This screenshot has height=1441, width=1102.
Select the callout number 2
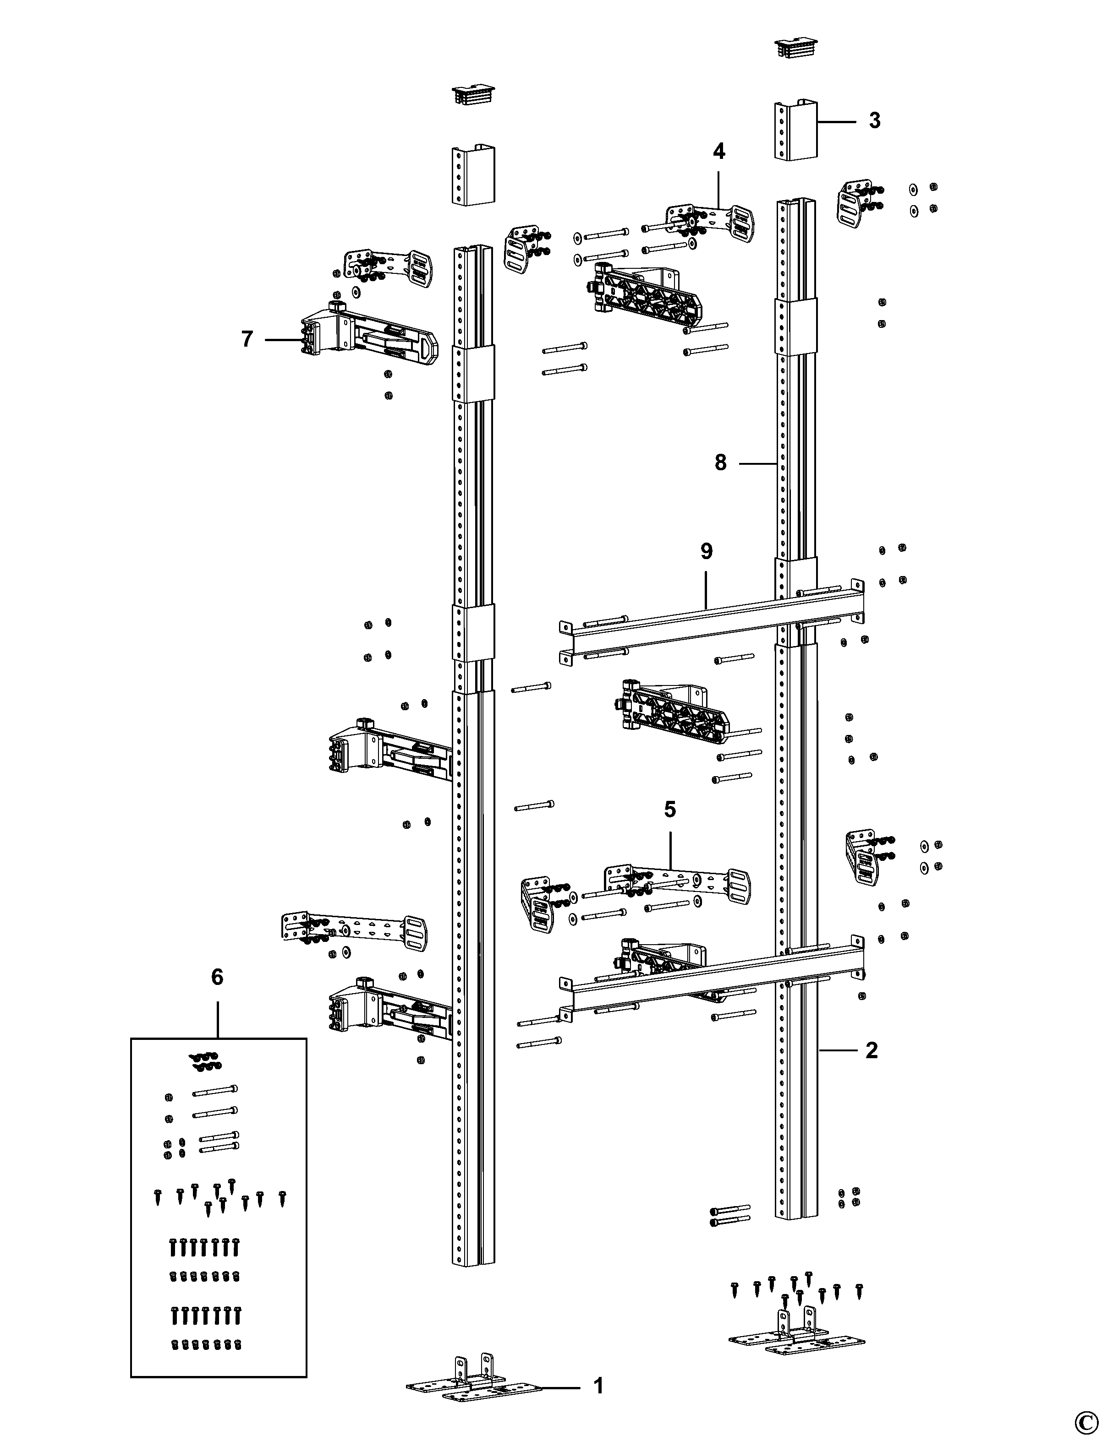tap(871, 1050)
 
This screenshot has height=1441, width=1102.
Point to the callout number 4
tap(719, 152)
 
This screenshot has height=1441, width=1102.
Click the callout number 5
tap(669, 810)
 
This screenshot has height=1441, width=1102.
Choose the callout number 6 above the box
tap(217, 977)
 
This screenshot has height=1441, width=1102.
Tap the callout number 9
tap(706, 551)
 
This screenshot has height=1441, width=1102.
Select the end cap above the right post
tap(795, 48)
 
